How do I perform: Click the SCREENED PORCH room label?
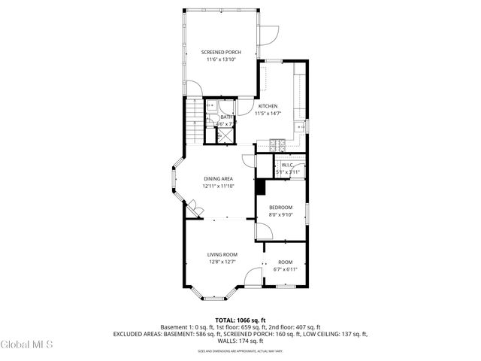(221, 52)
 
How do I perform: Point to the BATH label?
(226, 117)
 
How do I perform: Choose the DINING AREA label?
(218, 178)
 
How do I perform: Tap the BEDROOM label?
(280, 207)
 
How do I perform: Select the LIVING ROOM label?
(222, 255)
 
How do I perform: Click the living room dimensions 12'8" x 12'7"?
(222, 262)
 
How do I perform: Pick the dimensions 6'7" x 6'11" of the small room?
(285, 269)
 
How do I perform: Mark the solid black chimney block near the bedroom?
(261, 187)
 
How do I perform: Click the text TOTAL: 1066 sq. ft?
(240, 320)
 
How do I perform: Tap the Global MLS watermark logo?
(26, 345)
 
